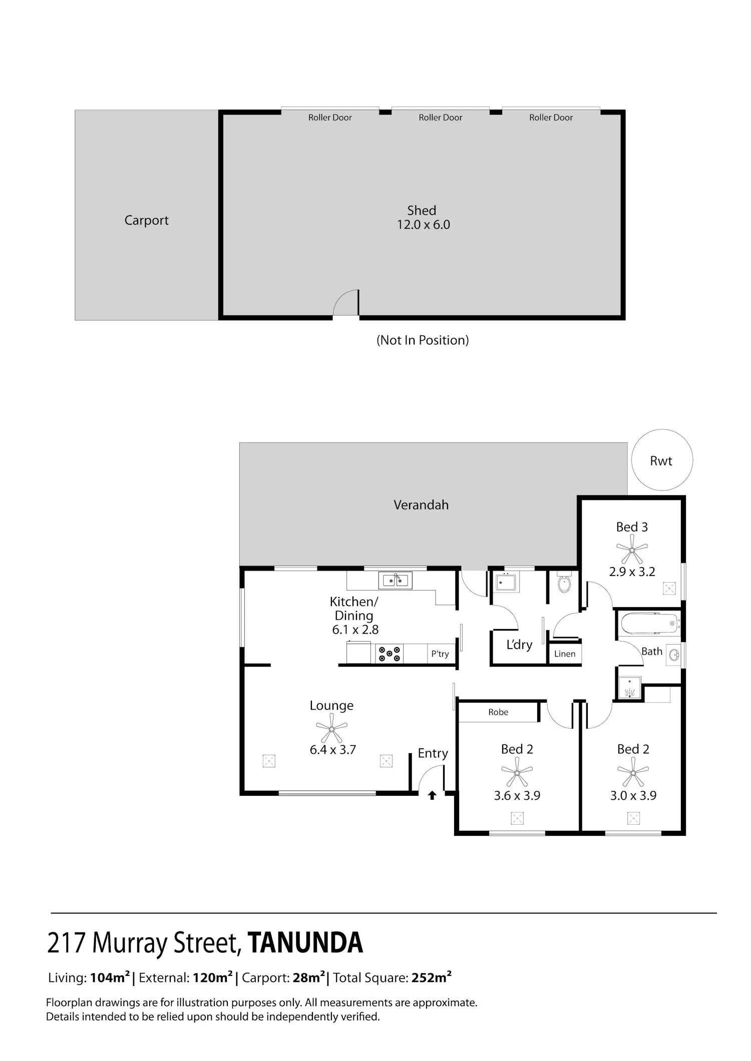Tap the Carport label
point(147,220)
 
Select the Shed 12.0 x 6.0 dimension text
point(424,225)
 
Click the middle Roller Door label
point(441,118)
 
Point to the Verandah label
point(421,504)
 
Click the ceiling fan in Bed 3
point(632,550)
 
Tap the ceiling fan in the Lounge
point(331,728)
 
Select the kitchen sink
point(396,580)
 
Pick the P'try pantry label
point(440,654)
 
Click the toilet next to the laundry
point(564,582)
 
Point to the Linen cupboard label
point(565,654)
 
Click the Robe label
point(498,712)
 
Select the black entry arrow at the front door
point(432,795)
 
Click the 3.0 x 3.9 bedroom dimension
point(633,795)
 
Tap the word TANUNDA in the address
point(305,943)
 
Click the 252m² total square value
point(432,977)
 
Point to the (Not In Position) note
point(423,340)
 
